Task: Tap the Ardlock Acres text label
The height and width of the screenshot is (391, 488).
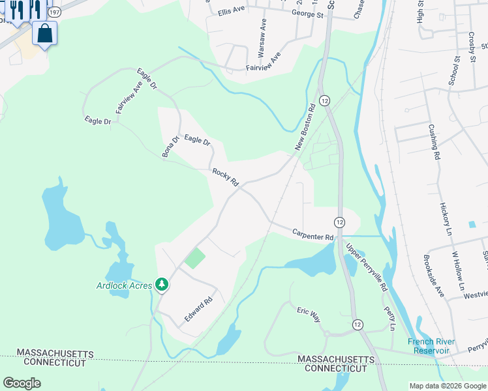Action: (123, 285)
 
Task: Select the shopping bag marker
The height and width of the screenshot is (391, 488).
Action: (44, 33)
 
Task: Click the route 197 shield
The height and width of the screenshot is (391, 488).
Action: (55, 12)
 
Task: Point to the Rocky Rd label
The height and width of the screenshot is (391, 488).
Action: (226, 177)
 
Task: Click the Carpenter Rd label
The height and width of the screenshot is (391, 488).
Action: (313, 234)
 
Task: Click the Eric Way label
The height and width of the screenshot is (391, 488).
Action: (309, 314)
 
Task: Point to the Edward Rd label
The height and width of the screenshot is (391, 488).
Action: (198, 309)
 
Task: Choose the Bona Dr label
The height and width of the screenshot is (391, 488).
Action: (170, 147)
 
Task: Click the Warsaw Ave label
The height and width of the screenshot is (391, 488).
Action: (262, 36)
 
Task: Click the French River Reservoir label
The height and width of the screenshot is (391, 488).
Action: (431, 346)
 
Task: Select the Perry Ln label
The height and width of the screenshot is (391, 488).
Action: (389, 318)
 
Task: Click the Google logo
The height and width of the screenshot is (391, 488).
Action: (22, 383)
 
